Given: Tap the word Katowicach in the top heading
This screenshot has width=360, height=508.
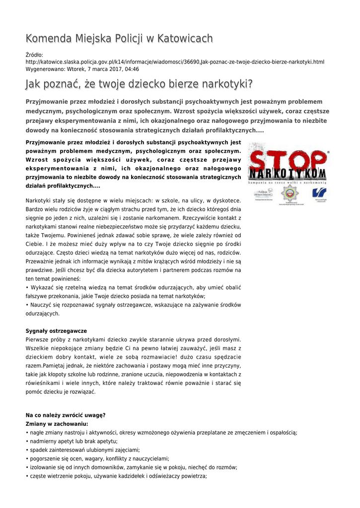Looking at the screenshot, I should click(x=184, y=39).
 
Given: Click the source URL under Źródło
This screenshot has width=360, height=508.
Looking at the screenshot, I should click(x=174, y=62).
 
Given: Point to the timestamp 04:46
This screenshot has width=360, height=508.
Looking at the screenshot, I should click(x=132, y=69).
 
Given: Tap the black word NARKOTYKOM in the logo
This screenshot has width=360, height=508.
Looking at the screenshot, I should click(x=288, y=175).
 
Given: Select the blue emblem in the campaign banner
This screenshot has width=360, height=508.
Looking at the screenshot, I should click(x=319, y=193).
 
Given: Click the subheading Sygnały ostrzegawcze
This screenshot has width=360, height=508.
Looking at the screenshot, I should click(x=56, y=331).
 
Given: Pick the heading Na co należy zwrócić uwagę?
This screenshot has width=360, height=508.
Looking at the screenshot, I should click(x=65, y=415).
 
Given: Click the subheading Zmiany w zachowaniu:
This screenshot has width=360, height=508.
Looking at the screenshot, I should click(x=57, y=424).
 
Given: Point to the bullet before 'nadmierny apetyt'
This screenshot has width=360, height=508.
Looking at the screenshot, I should click(x=27, y=442).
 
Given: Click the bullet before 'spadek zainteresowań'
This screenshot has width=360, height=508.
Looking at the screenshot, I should click(x=27, y=450).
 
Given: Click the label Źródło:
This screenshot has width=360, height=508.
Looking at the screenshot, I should click(x=35, y=55).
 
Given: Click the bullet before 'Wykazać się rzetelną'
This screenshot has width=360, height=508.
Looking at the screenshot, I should click(x=27, y=287).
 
